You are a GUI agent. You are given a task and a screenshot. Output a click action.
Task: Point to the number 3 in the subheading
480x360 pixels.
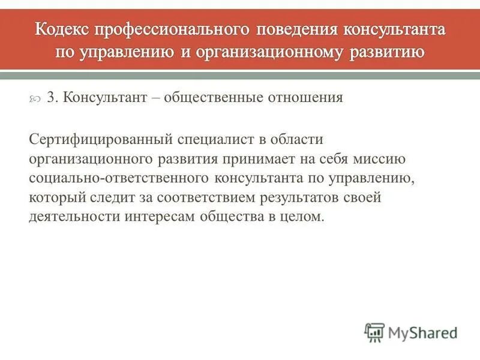click(x=50, y=98)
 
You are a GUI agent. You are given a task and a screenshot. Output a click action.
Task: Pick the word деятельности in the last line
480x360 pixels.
click(x=74, y=217)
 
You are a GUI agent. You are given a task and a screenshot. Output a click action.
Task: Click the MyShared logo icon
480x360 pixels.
click(x=374, y=332)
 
